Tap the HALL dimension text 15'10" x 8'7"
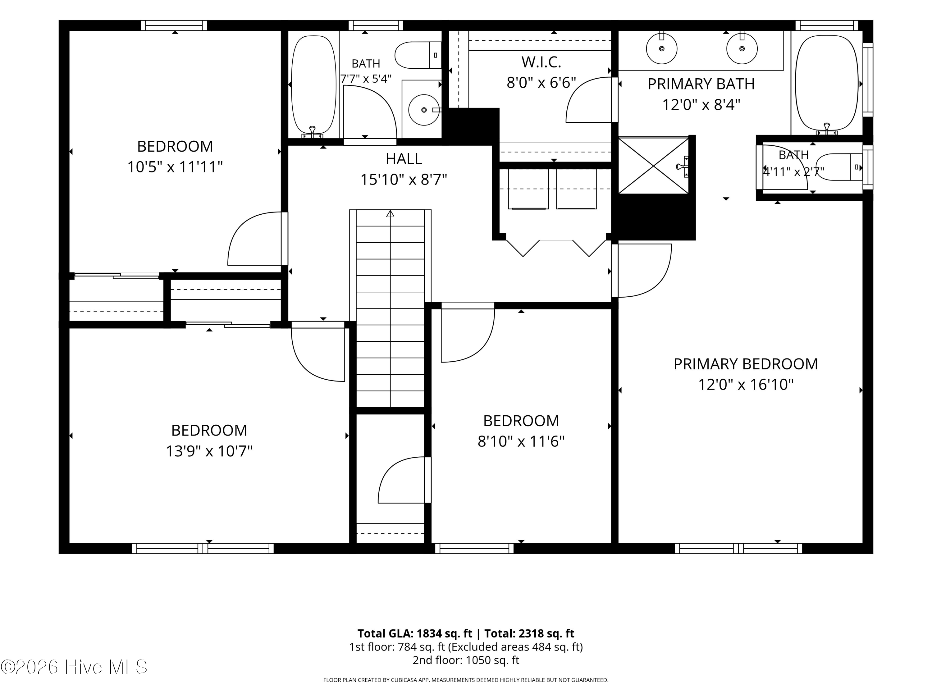(x=403, y=180)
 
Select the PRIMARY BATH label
(x=701, y=84)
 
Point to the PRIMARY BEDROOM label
(x=746, y=363)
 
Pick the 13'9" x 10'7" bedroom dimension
(x=209, y=451)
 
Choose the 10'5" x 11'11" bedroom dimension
(x=175, y=167)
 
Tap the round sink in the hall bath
(x=424, y=110)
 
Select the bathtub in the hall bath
(x=313, y=86)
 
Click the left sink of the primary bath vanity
(x=661, y=49)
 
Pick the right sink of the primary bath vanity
(x=742, y=49)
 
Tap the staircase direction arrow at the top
(x=390, y=214)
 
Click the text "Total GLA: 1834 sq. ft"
(x=415, y=633)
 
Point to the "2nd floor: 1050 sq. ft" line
(x=466, y=660)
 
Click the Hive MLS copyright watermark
(x=74, y=667)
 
